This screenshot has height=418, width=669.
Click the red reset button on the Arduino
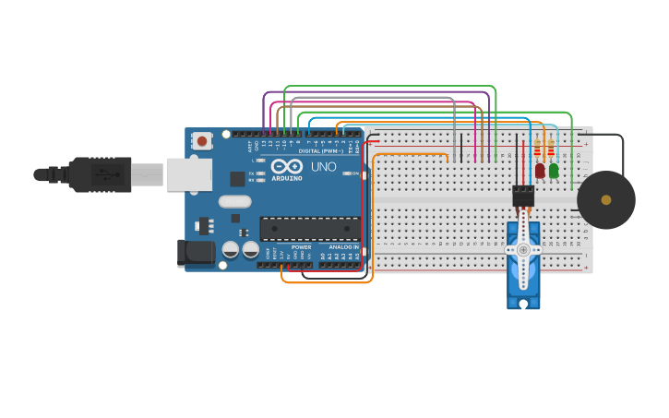[x=201, y=141]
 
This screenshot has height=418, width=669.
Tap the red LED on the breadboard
[x=540, y=171]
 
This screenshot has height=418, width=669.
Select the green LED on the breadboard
[x=554, y=171]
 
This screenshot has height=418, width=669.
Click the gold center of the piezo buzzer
[x=606, y=199]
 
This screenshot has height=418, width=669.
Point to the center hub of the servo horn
[x=523, y=249]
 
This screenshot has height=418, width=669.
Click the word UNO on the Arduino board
[x=323, y=167]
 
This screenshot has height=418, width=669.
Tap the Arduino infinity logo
[x=286, y=167]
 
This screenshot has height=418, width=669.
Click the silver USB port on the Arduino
[x=188, y=174]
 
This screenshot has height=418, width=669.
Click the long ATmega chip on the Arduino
[x=309, y=228]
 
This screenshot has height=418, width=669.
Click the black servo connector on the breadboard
[x=523, y=196]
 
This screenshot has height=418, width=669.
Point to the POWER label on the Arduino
[x=302, y=247]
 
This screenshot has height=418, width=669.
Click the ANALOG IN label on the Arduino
[x=343, y=247]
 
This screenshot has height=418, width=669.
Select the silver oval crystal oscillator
[x=234, y=201]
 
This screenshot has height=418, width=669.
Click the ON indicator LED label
[x=355, y=173]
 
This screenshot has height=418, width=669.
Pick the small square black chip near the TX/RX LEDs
[x=238, y=179]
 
